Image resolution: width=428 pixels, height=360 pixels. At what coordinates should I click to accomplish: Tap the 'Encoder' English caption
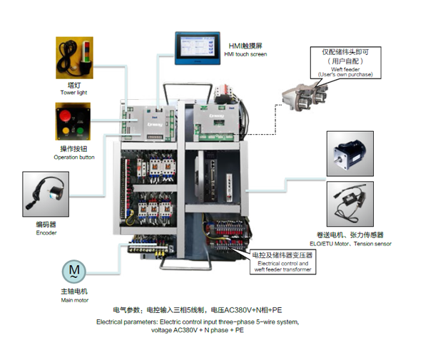click(x=46, y=232)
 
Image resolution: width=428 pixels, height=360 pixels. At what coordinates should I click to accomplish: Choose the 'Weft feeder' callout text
click(x=345, y=68)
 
